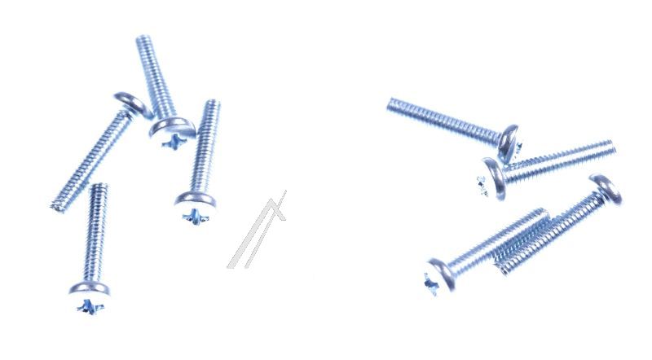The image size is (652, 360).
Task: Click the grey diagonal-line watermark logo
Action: pos(258,232)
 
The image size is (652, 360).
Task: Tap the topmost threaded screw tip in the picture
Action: pos(145,40)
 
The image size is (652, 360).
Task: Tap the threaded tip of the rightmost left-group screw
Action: pos(210,104)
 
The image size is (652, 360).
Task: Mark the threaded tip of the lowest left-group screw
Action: pos(99,188)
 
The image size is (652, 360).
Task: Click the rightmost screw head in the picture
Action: pos(606,188)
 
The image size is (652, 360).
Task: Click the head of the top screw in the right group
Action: pos(510,141)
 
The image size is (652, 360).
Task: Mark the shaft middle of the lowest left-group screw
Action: pos(95,236)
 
